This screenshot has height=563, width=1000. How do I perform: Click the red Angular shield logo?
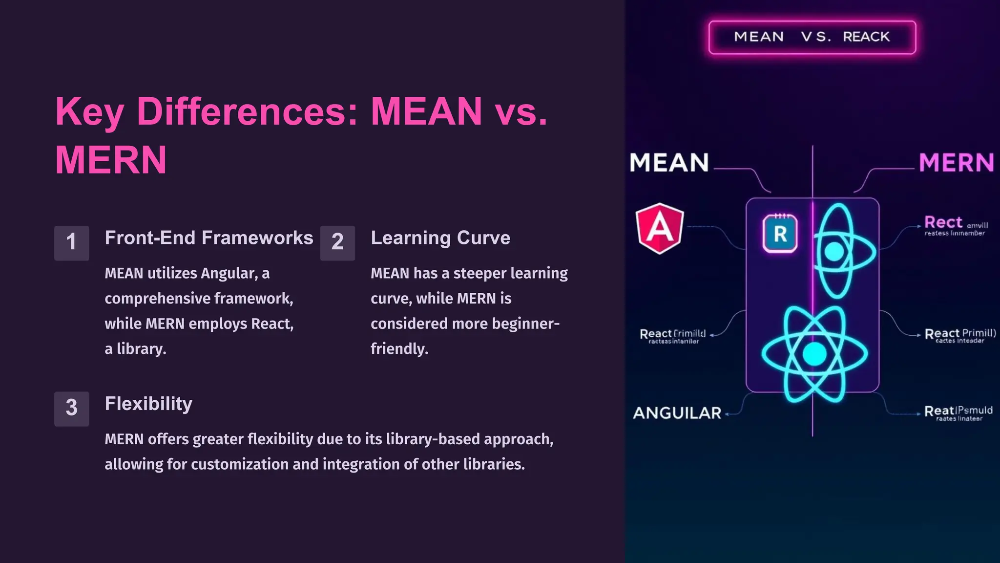(x=660, y=228)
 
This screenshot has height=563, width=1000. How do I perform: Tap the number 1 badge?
(x=71, y=242)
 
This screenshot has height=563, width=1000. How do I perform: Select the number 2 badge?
(x=337, y=242)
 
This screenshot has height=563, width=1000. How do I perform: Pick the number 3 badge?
(x=71, y=409)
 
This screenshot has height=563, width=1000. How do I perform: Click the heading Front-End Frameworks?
(x=208, y=238)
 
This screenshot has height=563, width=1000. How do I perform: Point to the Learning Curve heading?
(x=440, y=238)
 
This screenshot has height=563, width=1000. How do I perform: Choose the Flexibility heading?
(x=148, y=404)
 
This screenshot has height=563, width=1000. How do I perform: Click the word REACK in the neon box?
(x=866, y=37)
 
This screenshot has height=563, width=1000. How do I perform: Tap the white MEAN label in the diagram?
(x=669, y=163)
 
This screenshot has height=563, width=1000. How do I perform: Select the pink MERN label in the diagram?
(x=956, y=163)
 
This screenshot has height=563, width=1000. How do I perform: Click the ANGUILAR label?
(x=677, y=413)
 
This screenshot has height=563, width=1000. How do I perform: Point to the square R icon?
(x=780, y=234)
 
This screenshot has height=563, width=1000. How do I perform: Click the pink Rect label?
(x=943, y=222)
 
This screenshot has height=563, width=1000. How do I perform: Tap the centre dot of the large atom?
(x=814, y=354)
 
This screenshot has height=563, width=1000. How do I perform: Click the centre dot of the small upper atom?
(x=834, y=252)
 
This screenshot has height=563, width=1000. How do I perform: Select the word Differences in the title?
(x=247, y=112)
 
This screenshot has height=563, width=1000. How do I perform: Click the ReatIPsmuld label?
(x=958, y=411)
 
